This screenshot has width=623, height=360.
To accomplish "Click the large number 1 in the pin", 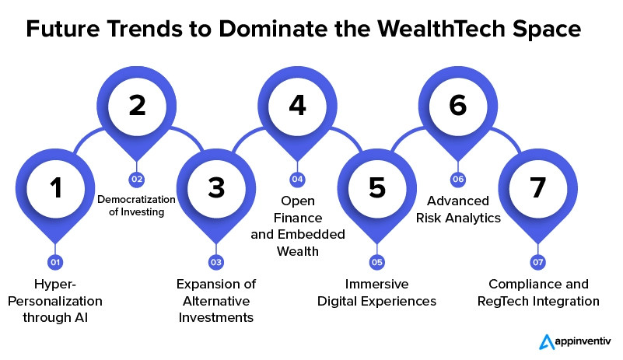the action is pyautogui.click(x=56, y=187).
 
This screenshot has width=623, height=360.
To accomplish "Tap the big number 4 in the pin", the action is pyautogui.click(x=298, y=105).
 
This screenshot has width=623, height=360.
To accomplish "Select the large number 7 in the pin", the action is pyautogui.click(x=537, y=187).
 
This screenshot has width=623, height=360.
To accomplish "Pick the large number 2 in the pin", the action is pyautogui.click(x=137, y=105).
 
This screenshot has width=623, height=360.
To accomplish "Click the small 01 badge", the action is pyautogui.click(x=55, y=262).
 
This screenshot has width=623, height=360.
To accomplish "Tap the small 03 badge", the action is pyautogui.click(x=216, y=262).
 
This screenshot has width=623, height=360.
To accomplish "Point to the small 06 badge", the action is pyautogui.click(x=458, y=179).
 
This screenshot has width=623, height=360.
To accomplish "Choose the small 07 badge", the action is pyautogui.click(x=538, y=262).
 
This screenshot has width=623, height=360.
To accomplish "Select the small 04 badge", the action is pyautogui.click(x=298, y=179).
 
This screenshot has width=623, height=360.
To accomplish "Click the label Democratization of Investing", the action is pyautogui.click(x=136, y=205).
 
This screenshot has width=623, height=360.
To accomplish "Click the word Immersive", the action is pyautogui.click(x=376, y=284).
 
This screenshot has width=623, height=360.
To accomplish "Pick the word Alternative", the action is pyautogui.click(x=216, y=301).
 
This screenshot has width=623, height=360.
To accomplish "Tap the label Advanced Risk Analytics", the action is pyautogui.click(x=458, y=209).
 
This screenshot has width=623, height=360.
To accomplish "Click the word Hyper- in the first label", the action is pyautogui.click(x=54, y=285).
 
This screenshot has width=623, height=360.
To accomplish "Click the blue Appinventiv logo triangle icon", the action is pyautogui.click(x=547, y=342).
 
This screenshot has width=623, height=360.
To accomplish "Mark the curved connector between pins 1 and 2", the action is pyautogui.click(x=86, y=137).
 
